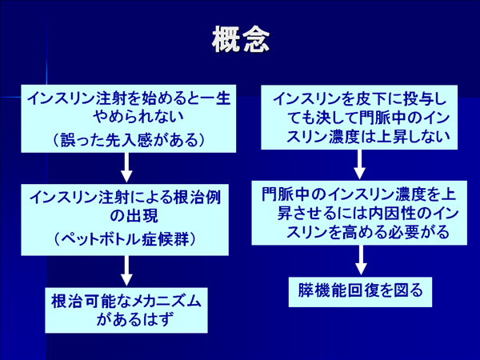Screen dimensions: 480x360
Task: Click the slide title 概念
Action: coord(241,40)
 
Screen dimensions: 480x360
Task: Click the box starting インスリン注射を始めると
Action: coord(129,118)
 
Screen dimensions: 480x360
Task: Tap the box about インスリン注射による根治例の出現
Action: coord(125,220)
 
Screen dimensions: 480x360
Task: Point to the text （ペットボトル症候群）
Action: coord(125,238)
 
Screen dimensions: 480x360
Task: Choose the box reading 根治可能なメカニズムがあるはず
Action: coord(126,310)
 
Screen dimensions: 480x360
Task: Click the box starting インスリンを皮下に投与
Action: coord(359,118)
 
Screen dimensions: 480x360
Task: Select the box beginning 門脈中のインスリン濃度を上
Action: coord(359,213)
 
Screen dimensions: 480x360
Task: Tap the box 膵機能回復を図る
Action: coord(360,292)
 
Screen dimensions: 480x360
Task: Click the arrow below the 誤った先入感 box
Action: coord(126,168)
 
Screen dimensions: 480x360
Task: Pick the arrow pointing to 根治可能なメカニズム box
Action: coord(126,271)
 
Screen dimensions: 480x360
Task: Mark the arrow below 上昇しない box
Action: coord(360,165)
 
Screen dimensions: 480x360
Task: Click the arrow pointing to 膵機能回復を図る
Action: coord(361,260)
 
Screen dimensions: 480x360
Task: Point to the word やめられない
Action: coord(138,117)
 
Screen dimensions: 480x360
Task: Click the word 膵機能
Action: coord(322,290)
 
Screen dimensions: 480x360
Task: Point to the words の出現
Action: coord(134,216)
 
